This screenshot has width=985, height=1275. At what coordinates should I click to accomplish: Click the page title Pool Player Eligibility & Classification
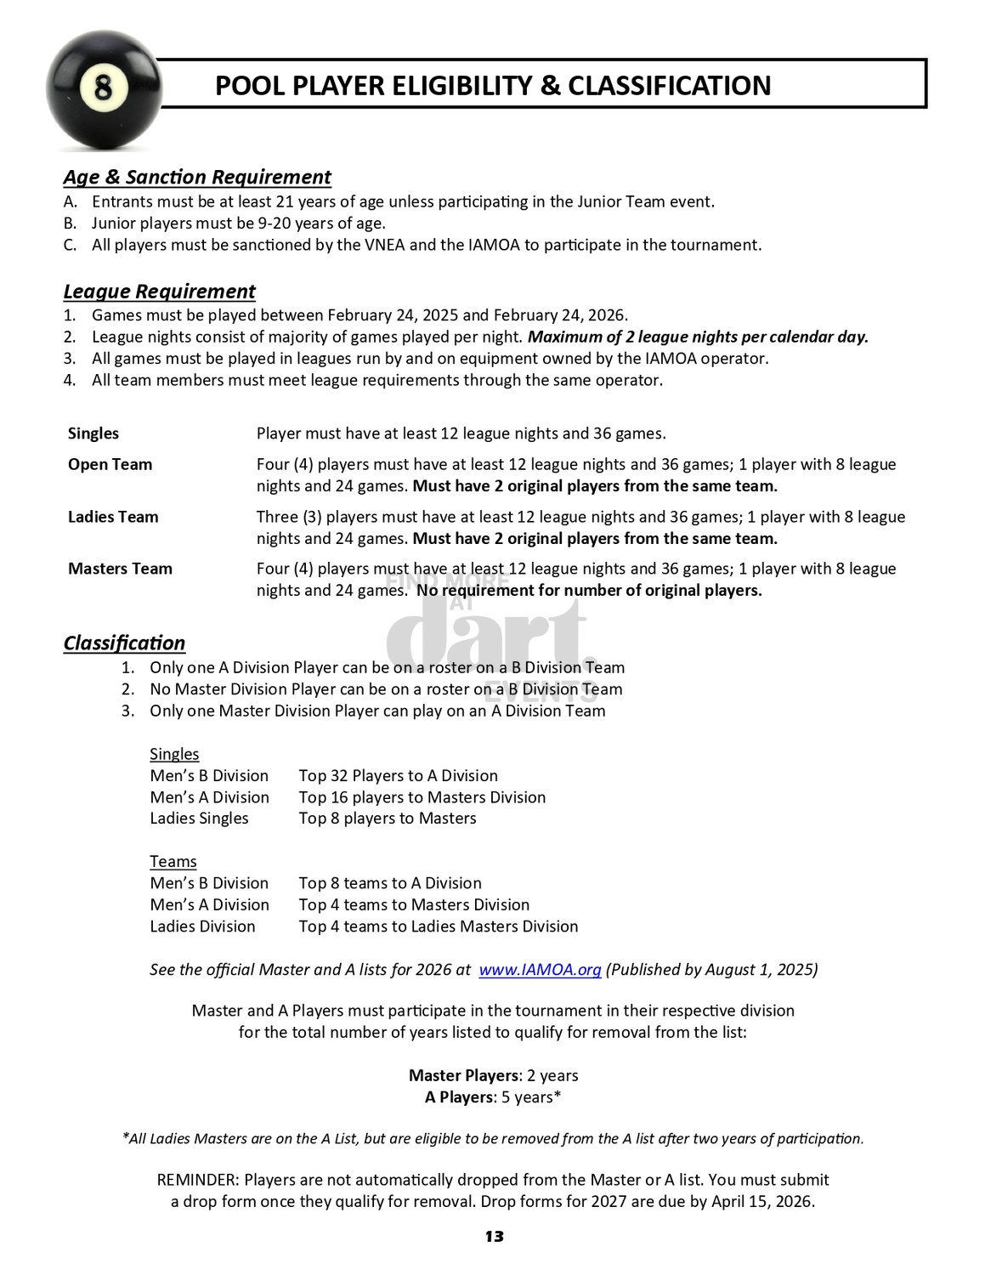493,86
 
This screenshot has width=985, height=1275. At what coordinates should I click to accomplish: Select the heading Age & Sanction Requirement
197,177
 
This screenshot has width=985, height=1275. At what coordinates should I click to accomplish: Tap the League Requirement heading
159,292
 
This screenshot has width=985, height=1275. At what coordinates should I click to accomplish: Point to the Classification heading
124,643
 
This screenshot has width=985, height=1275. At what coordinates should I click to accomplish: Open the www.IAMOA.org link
540,970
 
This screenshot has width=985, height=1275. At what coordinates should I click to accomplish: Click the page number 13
494,1237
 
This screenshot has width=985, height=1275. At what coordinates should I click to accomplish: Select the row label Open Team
110,464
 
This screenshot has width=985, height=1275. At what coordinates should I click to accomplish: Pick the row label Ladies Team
113,517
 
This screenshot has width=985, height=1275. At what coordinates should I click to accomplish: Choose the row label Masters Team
120,569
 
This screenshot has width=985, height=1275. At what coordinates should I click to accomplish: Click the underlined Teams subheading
173,862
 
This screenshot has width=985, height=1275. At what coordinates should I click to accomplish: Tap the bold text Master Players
464,1075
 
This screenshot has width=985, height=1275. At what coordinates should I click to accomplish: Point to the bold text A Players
459,1097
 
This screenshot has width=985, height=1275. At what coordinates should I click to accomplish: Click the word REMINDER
196,1180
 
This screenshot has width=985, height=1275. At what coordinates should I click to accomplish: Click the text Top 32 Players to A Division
398,776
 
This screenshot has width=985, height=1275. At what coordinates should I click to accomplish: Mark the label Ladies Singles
199,819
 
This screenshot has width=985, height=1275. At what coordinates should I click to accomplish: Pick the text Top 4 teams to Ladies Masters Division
438,926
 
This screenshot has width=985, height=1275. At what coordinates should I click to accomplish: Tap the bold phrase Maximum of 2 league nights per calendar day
698,337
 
